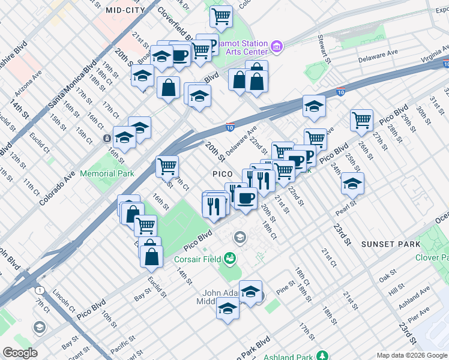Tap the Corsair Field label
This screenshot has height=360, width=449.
tap(194, 260)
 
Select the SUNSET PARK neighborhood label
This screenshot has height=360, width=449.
tap(387, 244)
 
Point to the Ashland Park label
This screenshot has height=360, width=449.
tap(291, 356)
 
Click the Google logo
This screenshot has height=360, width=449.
tap(20, 353)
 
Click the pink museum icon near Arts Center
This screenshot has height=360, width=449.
tap(277, 46)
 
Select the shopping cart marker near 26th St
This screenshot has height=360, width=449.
tap(362, 120)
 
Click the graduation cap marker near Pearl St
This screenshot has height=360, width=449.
tap(352, 184)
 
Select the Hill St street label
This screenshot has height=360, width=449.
tap(397, 290)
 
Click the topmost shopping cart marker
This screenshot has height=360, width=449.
tap(221, 16)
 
